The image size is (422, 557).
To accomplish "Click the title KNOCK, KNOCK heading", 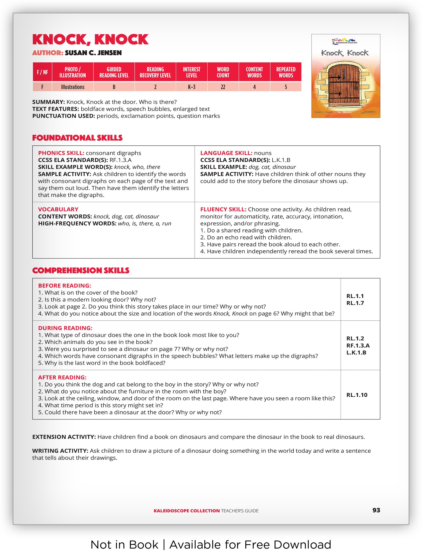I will click(90, 40).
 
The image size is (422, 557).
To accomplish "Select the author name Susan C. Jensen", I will click(93, 53).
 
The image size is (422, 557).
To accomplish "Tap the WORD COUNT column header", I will click(223, 72).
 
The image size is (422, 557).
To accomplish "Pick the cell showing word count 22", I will click(223, 87).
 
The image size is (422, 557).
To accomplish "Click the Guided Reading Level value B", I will click(114, 87).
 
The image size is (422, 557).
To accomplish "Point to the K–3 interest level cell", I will click(191, 87).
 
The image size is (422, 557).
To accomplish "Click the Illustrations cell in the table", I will click(73, 87).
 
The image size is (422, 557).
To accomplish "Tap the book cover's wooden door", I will click(344, 86).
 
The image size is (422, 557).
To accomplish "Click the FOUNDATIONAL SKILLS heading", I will click(77, 138).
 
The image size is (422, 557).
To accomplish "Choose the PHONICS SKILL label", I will click(61, 153).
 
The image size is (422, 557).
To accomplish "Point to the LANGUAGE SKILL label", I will click(226, 153).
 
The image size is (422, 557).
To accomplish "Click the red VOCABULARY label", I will click(58, 209).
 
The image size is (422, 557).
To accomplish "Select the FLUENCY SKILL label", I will click(223, 209).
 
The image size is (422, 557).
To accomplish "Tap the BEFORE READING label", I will click(64, 286).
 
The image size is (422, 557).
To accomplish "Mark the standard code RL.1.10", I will click(357, 395).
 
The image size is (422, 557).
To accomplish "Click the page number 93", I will click(376, 510).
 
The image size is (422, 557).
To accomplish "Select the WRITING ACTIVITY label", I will click(60, 451).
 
